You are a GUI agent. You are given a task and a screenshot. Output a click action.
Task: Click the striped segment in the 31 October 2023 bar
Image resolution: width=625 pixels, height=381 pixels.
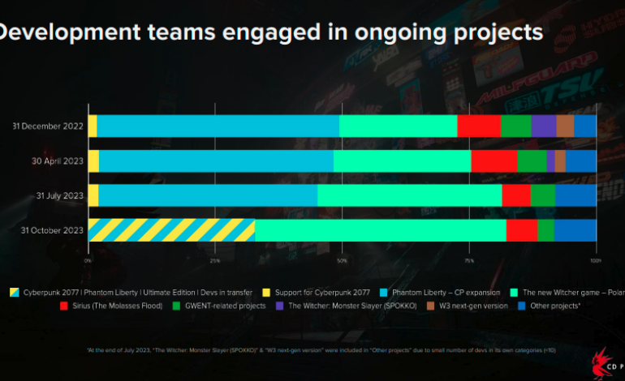(171, 230)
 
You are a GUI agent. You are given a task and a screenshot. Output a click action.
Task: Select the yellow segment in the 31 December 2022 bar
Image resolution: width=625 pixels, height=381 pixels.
(93, 126)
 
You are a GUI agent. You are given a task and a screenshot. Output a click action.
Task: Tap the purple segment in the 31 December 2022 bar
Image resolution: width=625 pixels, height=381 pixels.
(543, 126)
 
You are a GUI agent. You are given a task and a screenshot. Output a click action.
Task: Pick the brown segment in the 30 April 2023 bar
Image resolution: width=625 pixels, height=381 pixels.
(559, 161)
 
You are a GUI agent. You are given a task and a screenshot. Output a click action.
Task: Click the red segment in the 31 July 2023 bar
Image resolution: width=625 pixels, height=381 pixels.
(516, 195)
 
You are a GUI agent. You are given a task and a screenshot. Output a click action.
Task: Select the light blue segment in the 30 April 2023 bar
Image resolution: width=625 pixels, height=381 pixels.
(216, 161)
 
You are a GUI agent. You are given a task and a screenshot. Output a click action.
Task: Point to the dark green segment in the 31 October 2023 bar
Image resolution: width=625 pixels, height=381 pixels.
(545, 230)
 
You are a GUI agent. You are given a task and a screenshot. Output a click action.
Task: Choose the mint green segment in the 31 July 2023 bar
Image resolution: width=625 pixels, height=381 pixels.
(409, 195)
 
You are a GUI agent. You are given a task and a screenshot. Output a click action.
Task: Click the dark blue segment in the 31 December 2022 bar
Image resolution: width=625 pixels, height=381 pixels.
(585, 126)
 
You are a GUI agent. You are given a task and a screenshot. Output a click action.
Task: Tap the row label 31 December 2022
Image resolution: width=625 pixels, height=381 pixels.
(48, 126)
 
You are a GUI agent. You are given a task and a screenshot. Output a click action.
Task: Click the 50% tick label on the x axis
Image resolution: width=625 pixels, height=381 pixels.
(342, 260)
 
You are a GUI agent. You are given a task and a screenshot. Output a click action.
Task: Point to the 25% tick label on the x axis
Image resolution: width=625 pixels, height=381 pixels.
(215, 260)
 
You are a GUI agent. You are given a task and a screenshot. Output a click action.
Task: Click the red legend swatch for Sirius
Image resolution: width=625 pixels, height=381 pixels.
(63, 306)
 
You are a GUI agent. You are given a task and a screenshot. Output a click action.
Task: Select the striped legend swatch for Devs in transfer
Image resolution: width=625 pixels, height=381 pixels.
(14, 292)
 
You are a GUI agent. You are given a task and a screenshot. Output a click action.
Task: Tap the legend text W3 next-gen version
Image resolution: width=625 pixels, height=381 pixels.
(474, 306)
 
